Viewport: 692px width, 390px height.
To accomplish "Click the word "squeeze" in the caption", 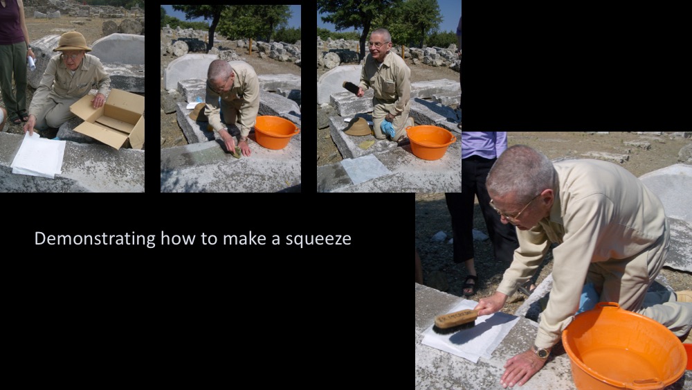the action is [x=318, y=239].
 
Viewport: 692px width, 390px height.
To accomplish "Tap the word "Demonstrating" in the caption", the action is [x=95, y=238].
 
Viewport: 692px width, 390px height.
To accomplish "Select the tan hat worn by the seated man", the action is [x=71, y=42].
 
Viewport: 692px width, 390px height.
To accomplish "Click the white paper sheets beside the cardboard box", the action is [x=38, y=154].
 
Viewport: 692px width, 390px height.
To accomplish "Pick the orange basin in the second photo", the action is [x=276, y=132].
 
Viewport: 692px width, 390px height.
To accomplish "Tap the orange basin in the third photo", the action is [x=430, y=141].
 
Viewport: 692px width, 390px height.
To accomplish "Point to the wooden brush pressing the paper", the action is [x=455, y=320].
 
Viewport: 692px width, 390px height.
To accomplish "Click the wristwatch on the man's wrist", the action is [x=540, y=352].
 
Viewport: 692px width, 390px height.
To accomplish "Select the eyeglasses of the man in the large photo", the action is [x=512, y=209].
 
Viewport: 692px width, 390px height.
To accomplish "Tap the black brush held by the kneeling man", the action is [x=352, y=87].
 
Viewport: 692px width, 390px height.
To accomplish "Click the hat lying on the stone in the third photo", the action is [x=358, y=127].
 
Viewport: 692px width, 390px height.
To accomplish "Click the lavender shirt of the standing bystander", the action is [x=484, y=144].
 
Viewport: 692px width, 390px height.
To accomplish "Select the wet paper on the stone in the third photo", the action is [x=365, y=168].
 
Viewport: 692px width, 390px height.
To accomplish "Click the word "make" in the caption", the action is [x=245, y=238].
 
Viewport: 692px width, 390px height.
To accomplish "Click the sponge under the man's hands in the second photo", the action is [x=237, y=152].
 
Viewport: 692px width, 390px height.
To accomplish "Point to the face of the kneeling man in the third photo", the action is [x=379, y=45].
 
